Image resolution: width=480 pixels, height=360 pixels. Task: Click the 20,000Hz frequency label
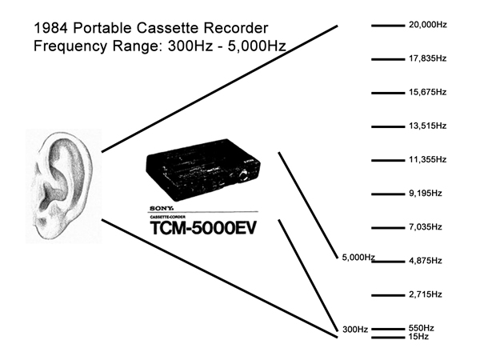pos(427,26)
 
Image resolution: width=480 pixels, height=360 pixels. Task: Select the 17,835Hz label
pos(427,59)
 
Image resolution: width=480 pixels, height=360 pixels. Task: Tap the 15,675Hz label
pos(427,93)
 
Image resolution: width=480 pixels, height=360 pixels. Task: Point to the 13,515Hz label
pos(427,126)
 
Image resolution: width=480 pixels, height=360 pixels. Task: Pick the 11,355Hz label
pos(427,160)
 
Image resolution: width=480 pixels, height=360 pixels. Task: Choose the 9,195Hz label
pos(425,194)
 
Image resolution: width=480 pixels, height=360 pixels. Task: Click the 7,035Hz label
pos(425,227)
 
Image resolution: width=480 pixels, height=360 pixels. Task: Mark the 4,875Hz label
pos(425,261)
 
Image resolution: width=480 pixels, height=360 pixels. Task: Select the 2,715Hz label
pos(425,294)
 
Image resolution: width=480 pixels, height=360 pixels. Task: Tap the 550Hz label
pos(421,328)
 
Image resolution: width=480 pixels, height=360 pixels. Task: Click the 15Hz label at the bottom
pos(418,337)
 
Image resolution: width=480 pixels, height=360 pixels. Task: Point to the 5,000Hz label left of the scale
pos(358,257)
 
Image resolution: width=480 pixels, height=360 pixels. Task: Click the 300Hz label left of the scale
pos(355,329)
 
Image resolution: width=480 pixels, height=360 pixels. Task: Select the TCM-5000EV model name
pos(205,228)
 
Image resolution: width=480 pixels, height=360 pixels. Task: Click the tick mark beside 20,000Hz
pos(388,26)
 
